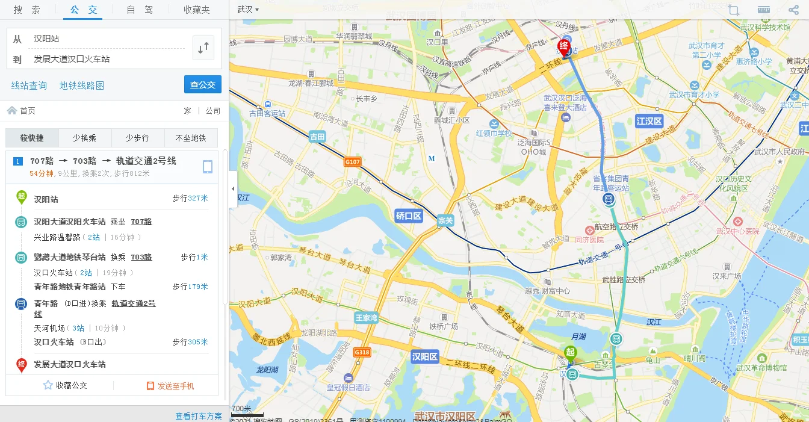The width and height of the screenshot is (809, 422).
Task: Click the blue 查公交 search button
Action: pyautogui.click(x=203, y=85)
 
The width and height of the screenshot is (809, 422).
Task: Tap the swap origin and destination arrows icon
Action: pyautogui.click(x=203, y=48)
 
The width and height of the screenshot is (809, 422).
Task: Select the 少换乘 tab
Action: pyautogui.click(x=85, y=138)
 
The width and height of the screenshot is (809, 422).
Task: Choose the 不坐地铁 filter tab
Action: pyautogui.click(x=191, y=138)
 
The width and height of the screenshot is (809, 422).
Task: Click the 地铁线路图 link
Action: pyautogui.click(x=82, y=85)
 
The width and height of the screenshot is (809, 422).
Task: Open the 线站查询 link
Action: pyautogui.click(x=29, y=85)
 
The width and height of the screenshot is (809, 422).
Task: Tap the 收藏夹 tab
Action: pyautogui.click(x=197, y=10)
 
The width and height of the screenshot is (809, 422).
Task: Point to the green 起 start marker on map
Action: pyautogui.click(x=570, y=353)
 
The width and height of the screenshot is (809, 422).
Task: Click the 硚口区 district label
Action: pyautogui.click(x=409, y=216)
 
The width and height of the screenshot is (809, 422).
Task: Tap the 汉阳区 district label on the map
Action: pyautogui.click(x=425, y=356)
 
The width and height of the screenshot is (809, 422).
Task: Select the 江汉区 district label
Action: pyautogui.click(x=649, y=121)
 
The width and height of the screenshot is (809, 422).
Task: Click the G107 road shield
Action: pyautogui.click(x=353, y=162)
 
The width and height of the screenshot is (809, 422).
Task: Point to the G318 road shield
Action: pyautogui.click(x=362, y=352)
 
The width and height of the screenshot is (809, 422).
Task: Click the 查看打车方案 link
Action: pyautogui.click(x=199, y=416)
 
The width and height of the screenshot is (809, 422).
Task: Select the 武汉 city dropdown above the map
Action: pyautogui.click(x=248, y=10)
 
